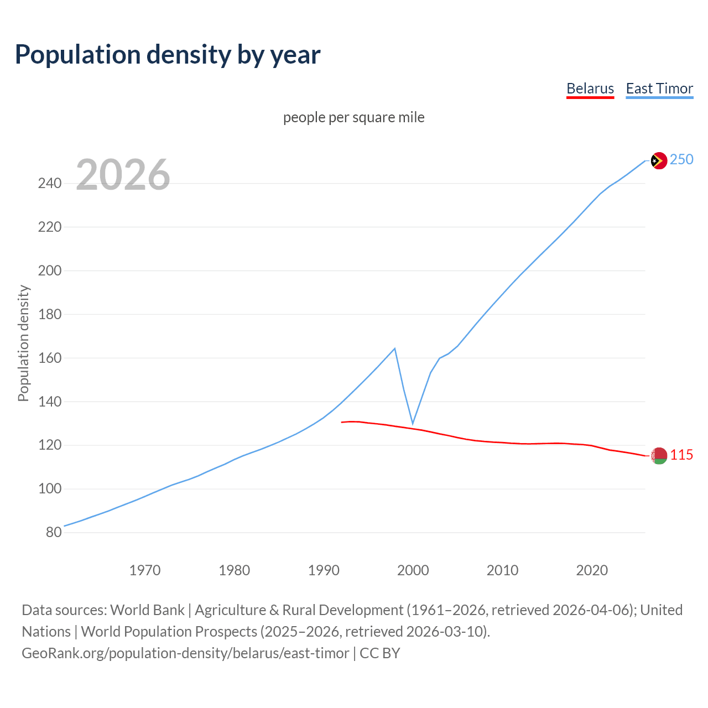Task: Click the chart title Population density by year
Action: pos(168,55)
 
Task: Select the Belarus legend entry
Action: pos(590,88)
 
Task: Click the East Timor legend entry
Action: pos(659,88)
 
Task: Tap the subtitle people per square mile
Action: pos(353,117)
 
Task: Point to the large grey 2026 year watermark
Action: pos(123,175)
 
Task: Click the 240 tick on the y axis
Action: pos(50,183)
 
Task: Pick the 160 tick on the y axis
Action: pos(50,358)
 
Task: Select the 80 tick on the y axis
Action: pos(54,533)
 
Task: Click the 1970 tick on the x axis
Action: pos(145,570)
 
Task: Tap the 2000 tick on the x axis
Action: pos(413,570)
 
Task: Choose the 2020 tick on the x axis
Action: pos(592,570)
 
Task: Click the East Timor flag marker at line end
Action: pos(658,161)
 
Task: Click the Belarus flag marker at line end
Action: pos(658,456)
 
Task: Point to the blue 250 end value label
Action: pos(681,160)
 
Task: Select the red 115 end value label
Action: pos(681,455)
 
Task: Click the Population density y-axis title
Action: pos(23,343)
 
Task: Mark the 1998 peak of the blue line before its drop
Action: pos(394,348)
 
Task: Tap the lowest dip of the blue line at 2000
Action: pos(413,424)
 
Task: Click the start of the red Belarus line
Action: pos(342,423)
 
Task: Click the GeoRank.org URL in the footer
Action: pos(185,653)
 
